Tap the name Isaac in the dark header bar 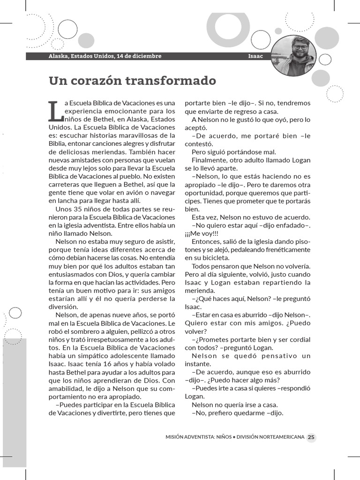tap(255, 56)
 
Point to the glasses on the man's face tap(300, 47)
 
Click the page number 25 tap(311, 437)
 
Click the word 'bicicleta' tap(214, 258)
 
